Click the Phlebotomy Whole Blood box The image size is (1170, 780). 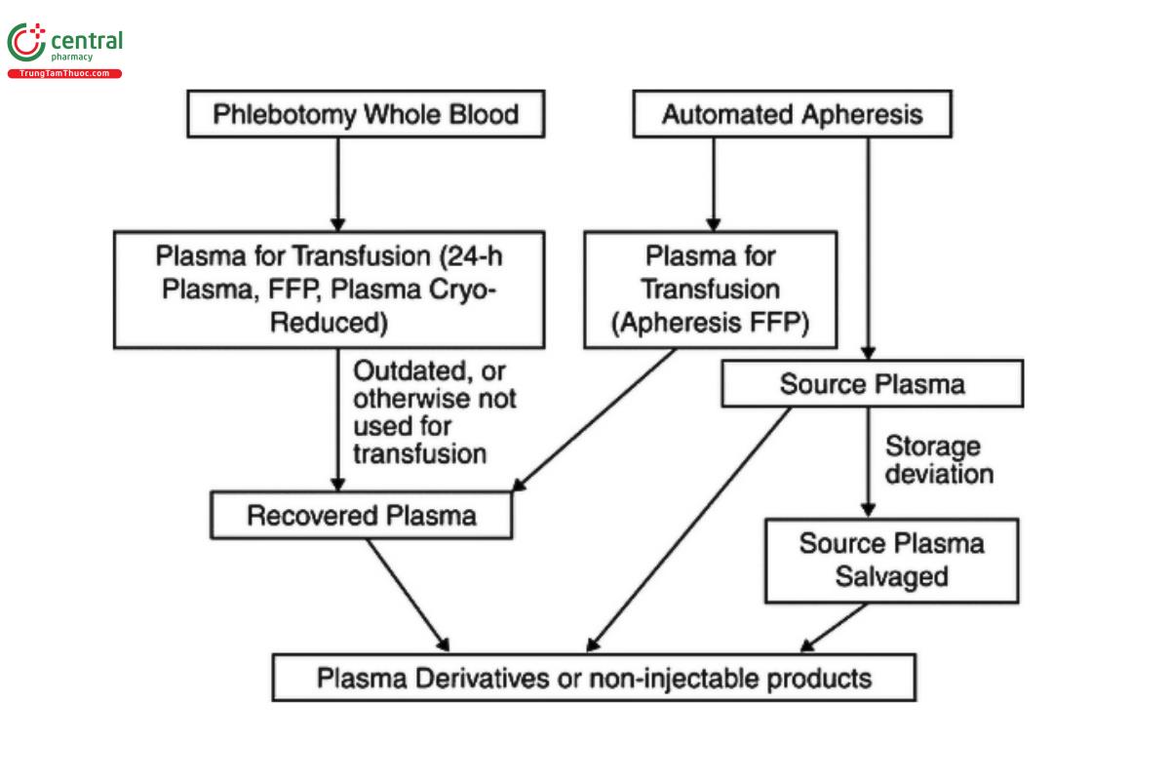[x=366, y=114]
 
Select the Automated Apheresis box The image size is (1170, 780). [x=792, y=114]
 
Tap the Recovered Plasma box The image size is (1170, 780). [x=362, y=515]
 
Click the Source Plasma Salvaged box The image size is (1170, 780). [x=891, y=560]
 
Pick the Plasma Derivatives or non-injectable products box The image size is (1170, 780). [x=594, y=678]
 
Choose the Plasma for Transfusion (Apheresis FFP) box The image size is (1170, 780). [x=710, y=290]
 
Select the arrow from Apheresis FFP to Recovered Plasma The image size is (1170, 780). [x=595, y=419]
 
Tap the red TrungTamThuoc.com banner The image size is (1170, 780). [x=64, y=74]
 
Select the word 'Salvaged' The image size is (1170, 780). [x=891, y=576]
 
